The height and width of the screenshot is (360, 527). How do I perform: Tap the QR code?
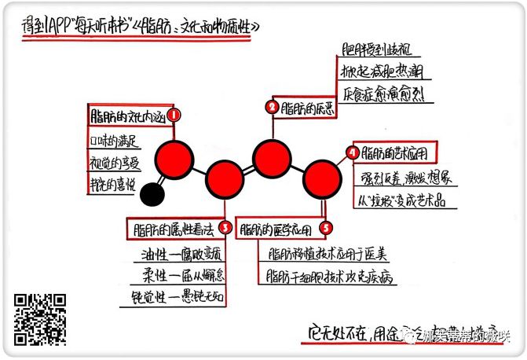40,320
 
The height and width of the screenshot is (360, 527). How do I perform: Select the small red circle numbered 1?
174,116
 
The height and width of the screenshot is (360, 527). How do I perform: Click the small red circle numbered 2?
273,108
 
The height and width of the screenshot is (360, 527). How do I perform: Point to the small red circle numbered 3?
225,229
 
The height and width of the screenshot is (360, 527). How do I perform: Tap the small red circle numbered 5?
326,229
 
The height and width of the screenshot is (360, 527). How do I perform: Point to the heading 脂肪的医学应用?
276,230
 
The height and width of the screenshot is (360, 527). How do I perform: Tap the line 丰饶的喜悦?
113,186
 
